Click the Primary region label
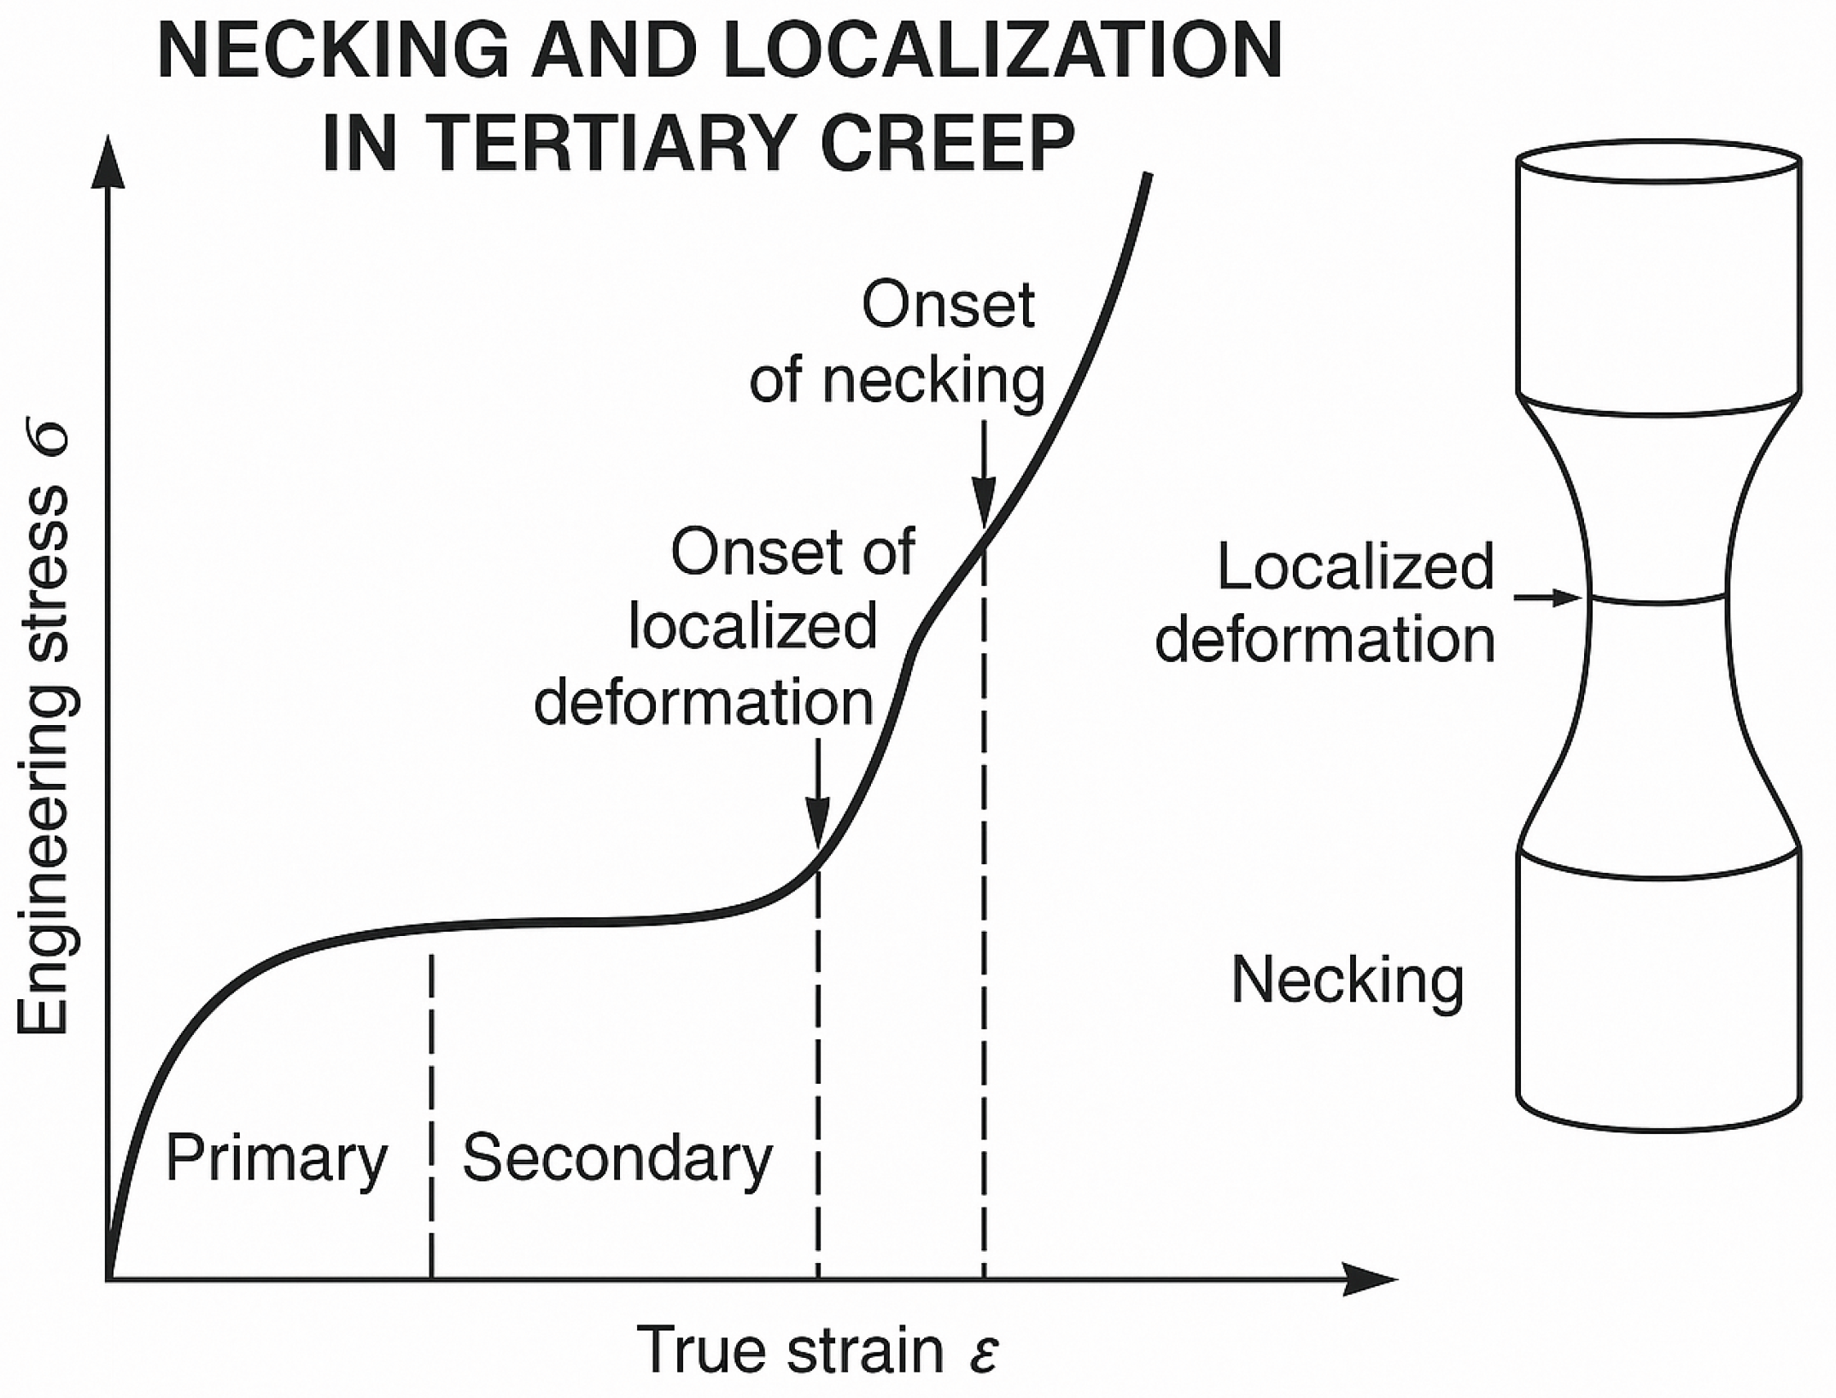[276, 1158]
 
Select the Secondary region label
[617, 1158]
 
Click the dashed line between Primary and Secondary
[431, 1110]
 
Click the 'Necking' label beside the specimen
[1347, 980]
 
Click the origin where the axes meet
[108, 1279]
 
